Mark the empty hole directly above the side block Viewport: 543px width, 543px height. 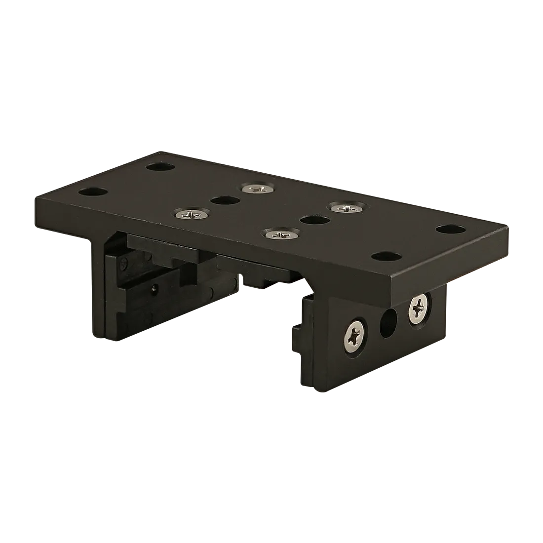(386, 256)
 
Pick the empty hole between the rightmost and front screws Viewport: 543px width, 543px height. (315, 220)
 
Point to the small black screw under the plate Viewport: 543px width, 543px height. (155, 288)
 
